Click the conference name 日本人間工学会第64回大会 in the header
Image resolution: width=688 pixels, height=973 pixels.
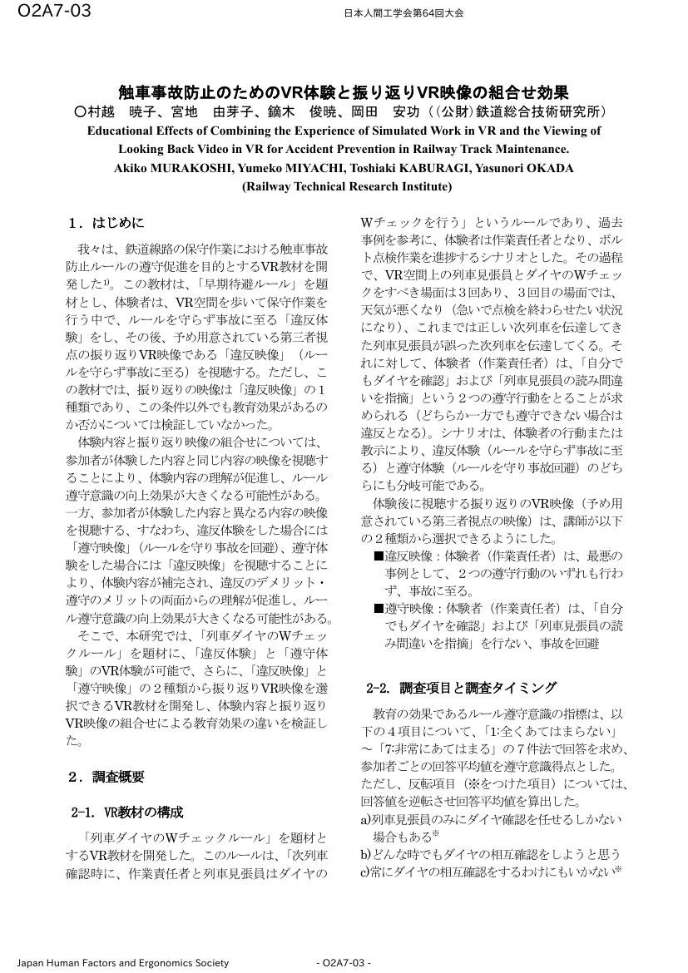coord(403,13)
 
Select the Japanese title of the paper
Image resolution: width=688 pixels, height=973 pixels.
coord(344,92)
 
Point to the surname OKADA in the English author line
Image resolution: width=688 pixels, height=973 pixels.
coord(547,168)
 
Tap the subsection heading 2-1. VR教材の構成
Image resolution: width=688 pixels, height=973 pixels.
coord(127,812)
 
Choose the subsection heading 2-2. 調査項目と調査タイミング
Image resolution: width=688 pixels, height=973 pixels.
coord(461,688)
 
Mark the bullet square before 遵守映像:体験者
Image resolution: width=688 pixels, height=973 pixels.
coord(379,609)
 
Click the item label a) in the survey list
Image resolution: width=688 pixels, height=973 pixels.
coord(366,819)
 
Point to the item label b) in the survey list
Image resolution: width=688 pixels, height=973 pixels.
coord(366,854)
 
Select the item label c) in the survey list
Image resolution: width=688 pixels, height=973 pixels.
coord(366,872)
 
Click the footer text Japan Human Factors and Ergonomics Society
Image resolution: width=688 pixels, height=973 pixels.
coord(123,963)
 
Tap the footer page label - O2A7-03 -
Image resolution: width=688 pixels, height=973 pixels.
coord(344,963)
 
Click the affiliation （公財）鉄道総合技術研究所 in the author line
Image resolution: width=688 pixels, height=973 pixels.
coord(522,111)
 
